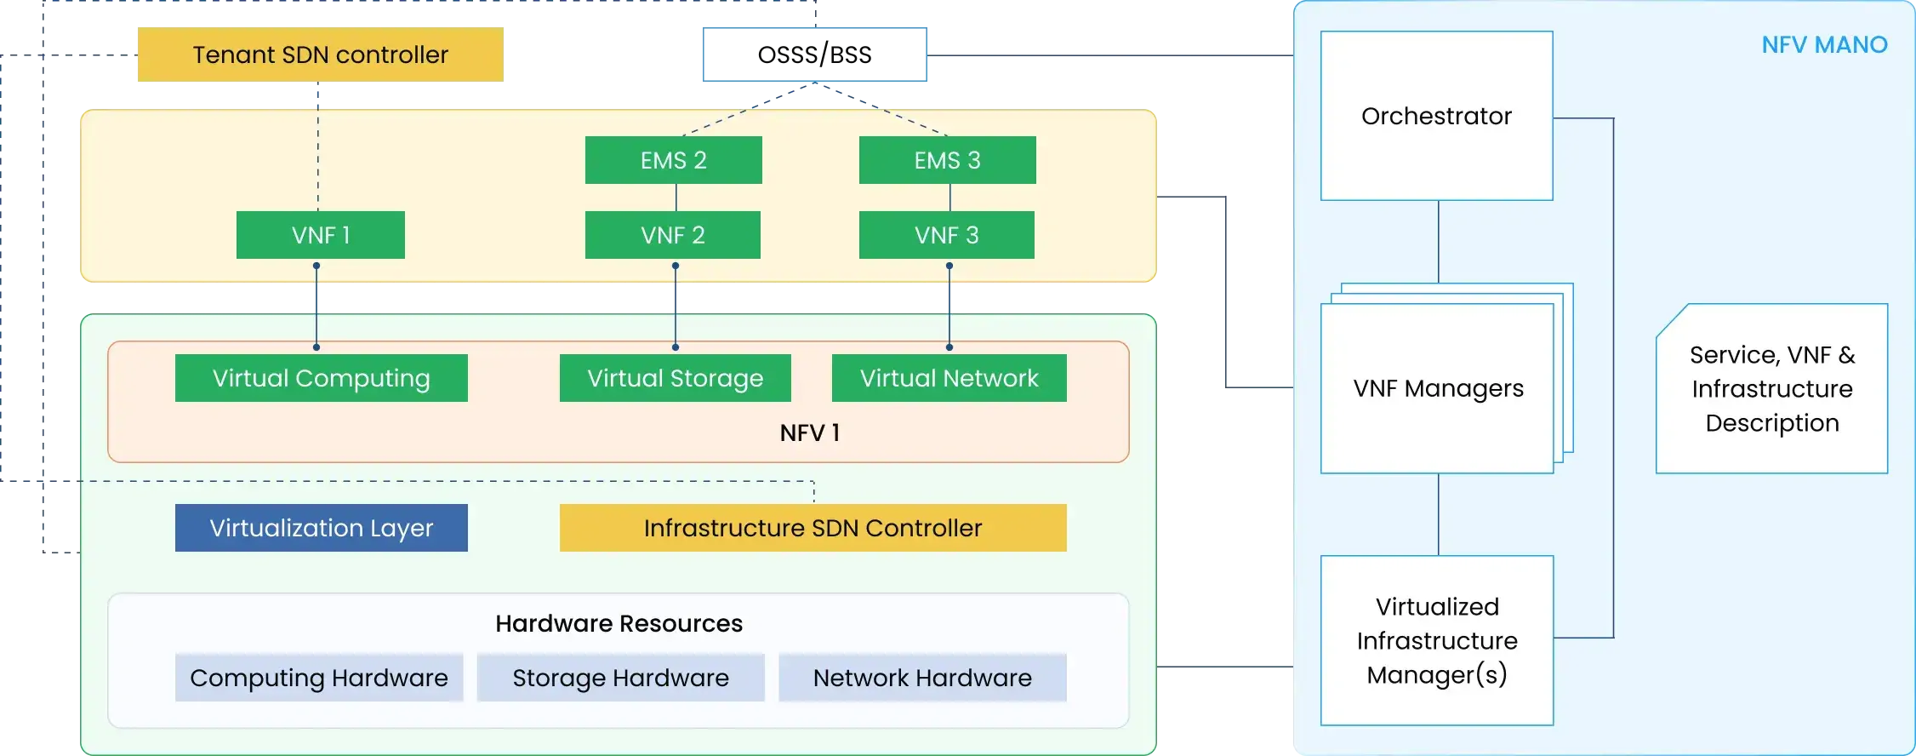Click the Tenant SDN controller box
click(x=321, y=54)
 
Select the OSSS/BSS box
click(x=815, y=54)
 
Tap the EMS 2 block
click(x=674, y=160)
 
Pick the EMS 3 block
click(x=948, y=160)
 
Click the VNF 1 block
click(x=321, y=235)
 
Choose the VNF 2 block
click(x=673, y=235)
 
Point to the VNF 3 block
click(x=947, y=235)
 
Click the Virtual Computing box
click(x=322, y=378)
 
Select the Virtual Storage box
click(x=676, y=378)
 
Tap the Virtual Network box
click(x=949, y=378)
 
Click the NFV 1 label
click(x=810, y=432)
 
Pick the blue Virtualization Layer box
click(x=322, y=528)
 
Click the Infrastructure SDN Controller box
click(x=813, y=528)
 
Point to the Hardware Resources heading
click(x=619, y=623)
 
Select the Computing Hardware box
click(x=319, y=678)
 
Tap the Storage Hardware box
click(x=621, y=678)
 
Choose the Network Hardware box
click(x=923, y=678)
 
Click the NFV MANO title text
click(x=1825, y=45)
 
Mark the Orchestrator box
click(x=1437, y=116)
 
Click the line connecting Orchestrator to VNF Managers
click(x=1439, y=242)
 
